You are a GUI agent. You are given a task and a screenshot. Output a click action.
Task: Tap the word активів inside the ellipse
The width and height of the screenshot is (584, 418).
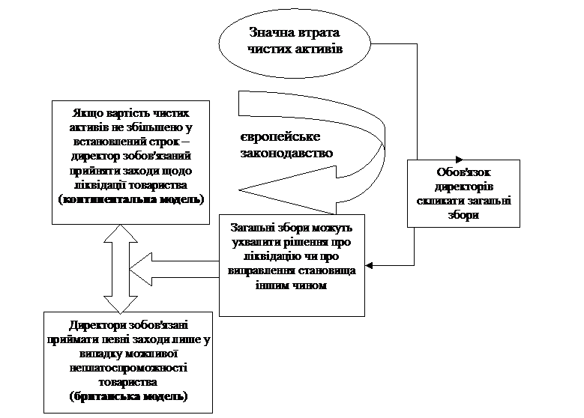(x=319, y=49)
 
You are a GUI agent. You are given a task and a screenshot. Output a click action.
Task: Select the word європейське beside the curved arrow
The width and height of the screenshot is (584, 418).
(x=280, y=137)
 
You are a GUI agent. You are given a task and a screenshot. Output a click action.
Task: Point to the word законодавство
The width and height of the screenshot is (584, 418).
(x=286, y=154)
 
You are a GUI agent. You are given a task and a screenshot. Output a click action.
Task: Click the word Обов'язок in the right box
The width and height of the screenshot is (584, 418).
(x=464, y=172)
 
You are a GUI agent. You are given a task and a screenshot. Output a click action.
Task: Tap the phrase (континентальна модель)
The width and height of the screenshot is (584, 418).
(x=131, y=199)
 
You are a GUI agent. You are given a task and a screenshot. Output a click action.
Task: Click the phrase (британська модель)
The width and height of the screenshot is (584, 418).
(x=128, y=396)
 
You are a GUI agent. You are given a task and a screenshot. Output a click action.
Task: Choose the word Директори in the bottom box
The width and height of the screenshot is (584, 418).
(x=98, y=325)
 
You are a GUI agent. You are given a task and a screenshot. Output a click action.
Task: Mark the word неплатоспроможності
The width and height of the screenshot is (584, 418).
(x=128, y=368)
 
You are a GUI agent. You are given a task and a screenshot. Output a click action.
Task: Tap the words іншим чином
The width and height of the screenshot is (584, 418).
(x=292, y=285)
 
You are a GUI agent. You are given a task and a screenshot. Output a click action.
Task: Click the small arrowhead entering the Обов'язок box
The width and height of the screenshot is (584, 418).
(x=459, y=160)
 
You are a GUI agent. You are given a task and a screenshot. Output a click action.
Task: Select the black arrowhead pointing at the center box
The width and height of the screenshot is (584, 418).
(x=369, y=265)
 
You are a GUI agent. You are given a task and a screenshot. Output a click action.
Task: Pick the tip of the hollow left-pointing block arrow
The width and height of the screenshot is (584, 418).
(x=130, y=270)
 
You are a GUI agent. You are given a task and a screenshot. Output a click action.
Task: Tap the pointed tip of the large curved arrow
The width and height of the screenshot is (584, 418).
(x=238, y=190)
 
